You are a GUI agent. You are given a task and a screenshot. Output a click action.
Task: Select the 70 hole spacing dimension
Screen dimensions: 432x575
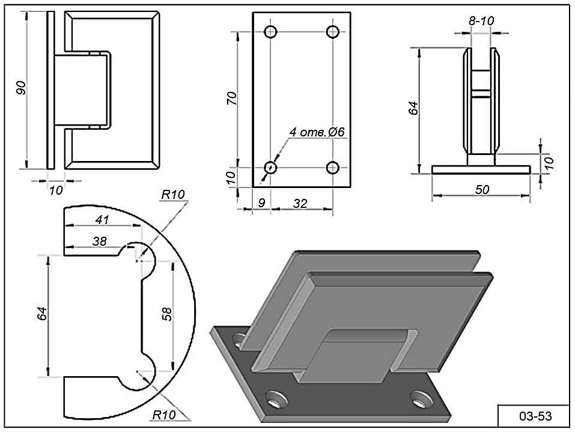pyautogui.click(x=232, y=97)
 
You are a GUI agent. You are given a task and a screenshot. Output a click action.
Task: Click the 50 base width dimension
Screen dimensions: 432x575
pyautogui.click(x=482, y=190)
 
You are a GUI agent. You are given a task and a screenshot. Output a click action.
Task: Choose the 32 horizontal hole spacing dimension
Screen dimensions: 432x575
pyautogui.click(x=300, y=204)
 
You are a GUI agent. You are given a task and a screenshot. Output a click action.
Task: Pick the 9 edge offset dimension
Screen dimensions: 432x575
pyautogui.click(x=261, y=204)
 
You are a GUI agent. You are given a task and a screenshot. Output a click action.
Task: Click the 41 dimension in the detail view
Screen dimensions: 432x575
pyautogui.click(x=102, y=220)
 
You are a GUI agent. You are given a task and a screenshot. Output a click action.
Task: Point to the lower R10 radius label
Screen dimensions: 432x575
pyautogui.click(x=163, y=415)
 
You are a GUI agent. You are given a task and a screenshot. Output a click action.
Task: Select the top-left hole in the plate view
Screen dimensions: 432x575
pyautogui.click(x=272, y=31)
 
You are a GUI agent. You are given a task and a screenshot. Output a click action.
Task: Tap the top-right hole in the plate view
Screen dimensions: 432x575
pyautogui.click(x=332, y=31)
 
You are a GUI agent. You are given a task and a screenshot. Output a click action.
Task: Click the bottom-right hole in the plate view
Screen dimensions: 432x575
pyautogui.click(x=332, y=168)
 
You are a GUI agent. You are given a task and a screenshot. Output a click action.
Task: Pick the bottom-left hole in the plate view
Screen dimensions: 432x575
pyautogui.click(x=272, y=168)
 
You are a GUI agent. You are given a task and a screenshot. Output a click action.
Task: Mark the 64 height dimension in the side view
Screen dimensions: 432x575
pyautogui.click(x=412, y=108)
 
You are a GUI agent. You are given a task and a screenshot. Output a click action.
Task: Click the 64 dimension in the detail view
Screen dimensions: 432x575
pyautogui.click(x=41, y=314)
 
